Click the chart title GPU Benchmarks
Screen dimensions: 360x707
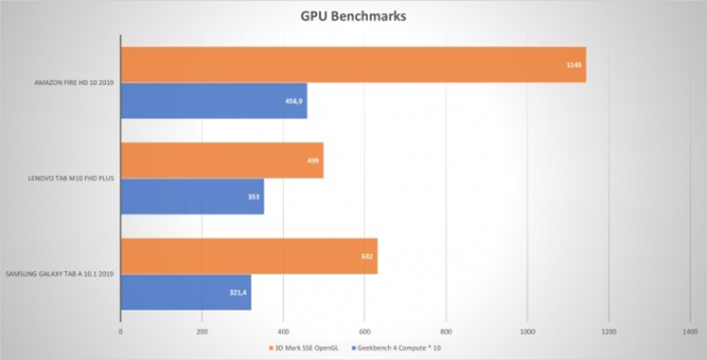353,16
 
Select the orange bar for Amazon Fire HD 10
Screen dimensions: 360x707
353,64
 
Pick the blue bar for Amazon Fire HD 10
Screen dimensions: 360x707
213,101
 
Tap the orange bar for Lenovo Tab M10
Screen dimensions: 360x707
221,160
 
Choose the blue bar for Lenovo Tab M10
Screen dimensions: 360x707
191,196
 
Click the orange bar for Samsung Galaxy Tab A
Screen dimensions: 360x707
248,256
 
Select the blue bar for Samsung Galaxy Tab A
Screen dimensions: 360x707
185,292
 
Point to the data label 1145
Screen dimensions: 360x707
572,64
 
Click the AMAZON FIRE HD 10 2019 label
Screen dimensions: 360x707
71,83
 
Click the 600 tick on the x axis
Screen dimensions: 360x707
363,331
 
